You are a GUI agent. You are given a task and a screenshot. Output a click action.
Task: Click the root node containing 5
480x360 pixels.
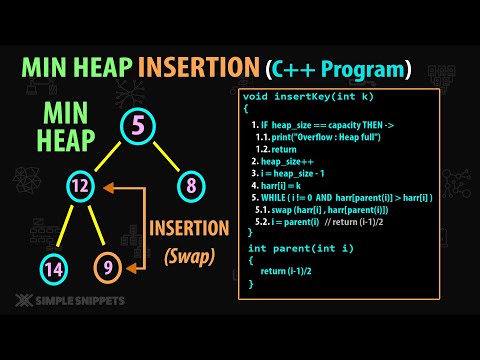pyautogui.click(x=140, y=128)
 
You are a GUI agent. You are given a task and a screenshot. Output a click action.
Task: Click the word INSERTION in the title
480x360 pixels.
pyautogui.click(x=196, y=69)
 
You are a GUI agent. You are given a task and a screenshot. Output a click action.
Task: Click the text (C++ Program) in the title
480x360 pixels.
pyautogui.click(x=339, y=69)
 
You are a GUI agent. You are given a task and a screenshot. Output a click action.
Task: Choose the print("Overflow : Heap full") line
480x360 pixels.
pyautogui.click(x=325, y=136)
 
